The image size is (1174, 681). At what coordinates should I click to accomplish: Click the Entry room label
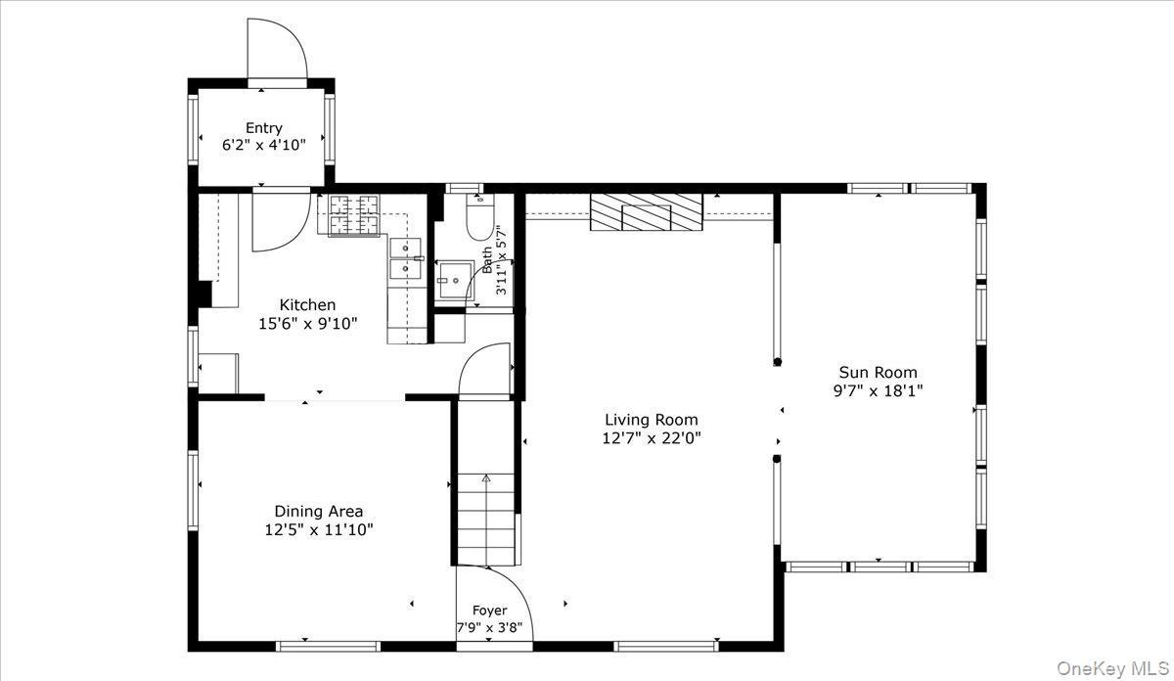tap(263, 128)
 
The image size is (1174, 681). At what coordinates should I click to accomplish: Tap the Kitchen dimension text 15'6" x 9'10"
tap(307, 323)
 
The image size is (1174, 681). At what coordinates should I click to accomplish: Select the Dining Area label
tap(318, 511)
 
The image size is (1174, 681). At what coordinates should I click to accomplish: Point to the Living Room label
tap(651, 420)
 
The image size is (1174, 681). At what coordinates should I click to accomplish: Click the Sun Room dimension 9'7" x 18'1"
tap(877, 389)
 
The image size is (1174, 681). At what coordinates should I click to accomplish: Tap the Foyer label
tap(489, 611)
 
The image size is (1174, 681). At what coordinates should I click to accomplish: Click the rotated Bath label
tap(486, 259)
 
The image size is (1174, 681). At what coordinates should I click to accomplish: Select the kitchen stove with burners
tap(354, 215)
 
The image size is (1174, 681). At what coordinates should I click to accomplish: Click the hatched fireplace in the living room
tap(646, 212)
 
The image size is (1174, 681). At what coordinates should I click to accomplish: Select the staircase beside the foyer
tap(486, 519)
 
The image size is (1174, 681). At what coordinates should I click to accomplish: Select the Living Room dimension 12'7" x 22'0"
tap(651, 438)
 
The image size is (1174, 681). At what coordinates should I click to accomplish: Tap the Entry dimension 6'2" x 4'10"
tap(263, 145)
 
